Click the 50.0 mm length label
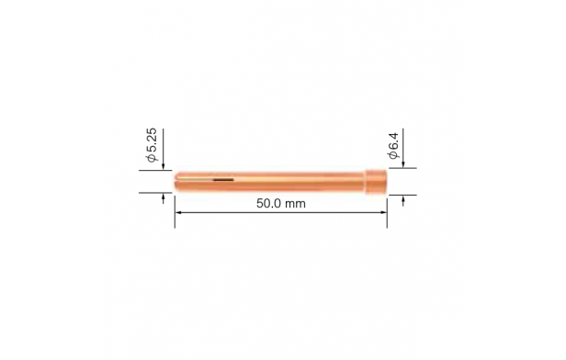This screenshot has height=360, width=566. pos(281,204)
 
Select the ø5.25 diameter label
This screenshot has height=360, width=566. pos(152,145)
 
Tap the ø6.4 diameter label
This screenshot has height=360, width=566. pos(393,145)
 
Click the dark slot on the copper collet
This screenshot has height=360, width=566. pos(223,179)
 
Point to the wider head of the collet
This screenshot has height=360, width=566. pos(376,182)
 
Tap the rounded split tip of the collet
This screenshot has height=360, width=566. pos(176,182)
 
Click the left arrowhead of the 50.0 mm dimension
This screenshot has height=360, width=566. pos(177,212)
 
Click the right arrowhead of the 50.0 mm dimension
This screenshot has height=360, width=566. pos(384,212)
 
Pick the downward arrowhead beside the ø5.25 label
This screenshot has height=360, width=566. pos(163,167)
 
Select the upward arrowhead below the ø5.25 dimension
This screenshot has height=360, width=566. pos(163,196)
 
